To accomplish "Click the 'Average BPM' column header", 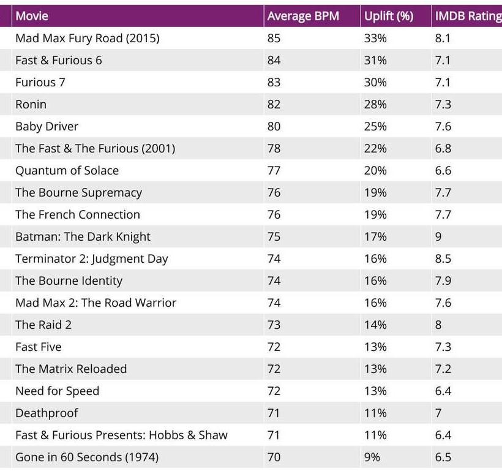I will (303, 17).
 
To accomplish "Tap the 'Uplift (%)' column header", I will (388, 17).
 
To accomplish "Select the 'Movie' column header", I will (32, 17).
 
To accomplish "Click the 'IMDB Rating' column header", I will (467, 17).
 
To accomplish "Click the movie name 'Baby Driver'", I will (47, 126).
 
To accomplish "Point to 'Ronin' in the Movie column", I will (31, 104).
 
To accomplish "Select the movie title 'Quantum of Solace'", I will (67, 170).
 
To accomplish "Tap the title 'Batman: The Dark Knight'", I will (83, 236).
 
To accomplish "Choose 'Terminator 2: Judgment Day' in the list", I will (91, 258).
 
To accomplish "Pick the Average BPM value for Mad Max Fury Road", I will (274, 38).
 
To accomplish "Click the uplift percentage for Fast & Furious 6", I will (375, 60).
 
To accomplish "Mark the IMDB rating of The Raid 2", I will (438, 325).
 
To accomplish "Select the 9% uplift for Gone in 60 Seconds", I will (372, 457).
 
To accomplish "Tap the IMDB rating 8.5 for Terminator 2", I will (443, 258).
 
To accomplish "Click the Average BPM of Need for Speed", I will (274, 391).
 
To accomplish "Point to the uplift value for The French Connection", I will (375, 214).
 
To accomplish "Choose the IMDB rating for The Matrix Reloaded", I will (443, 369).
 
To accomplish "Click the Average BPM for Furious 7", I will (274, 82).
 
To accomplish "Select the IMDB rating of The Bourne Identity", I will (443, 280).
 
